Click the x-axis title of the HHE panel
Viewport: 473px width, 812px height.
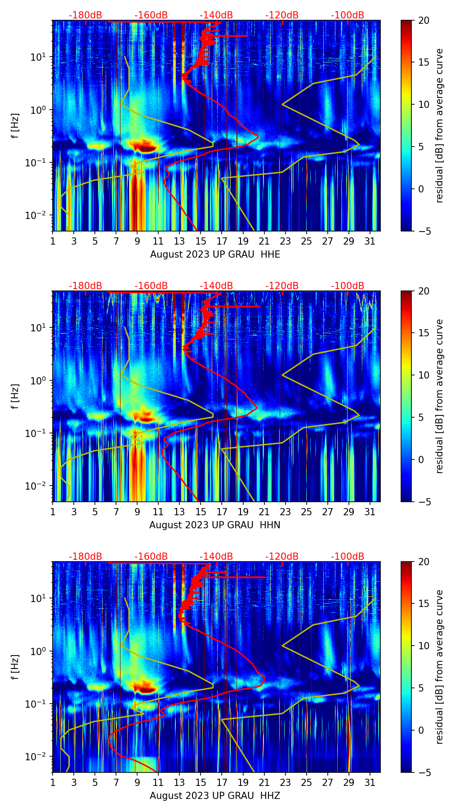(215, 254)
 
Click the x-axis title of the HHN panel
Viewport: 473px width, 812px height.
(215, 525)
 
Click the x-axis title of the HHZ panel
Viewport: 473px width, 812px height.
(215, 796)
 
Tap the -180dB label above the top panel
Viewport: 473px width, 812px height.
(85, 15)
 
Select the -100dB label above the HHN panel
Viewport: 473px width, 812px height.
(348, 286)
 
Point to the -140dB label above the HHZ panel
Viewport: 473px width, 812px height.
(216, 557)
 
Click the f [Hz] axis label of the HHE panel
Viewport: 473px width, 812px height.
(15, 126)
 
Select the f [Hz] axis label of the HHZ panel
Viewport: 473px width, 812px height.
(15, 667)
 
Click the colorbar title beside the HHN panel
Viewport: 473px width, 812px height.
(439, 396)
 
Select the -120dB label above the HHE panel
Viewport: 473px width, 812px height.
(282, 15)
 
